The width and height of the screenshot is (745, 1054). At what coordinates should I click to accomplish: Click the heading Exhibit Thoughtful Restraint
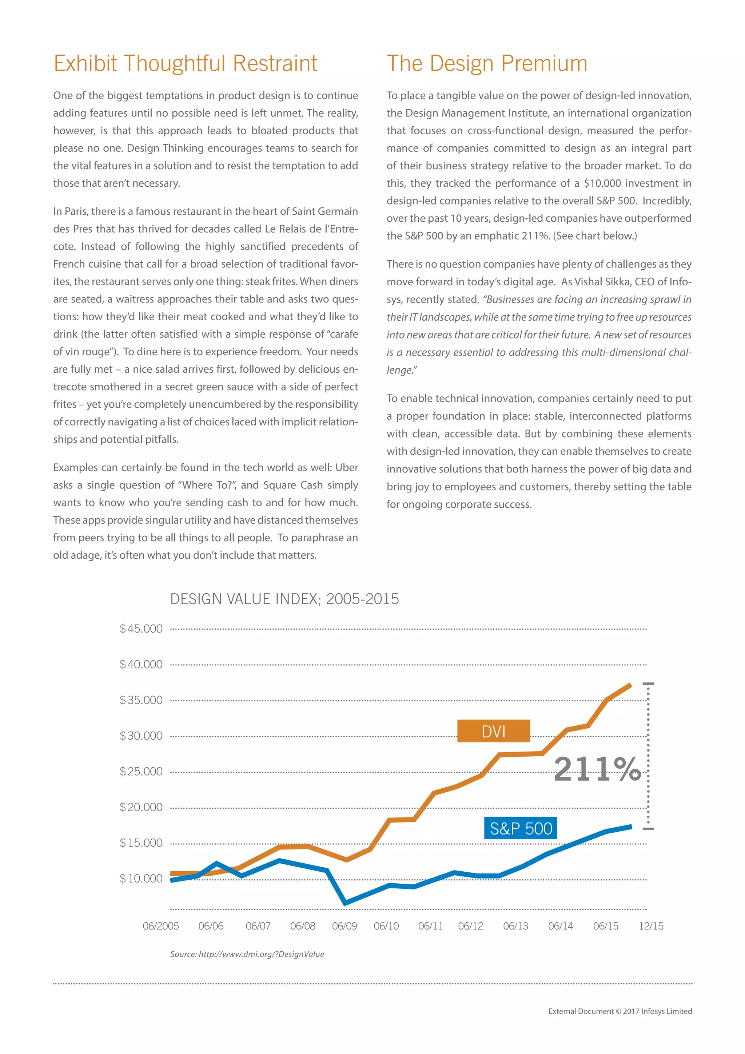pyautogui.click(x=185, y=63)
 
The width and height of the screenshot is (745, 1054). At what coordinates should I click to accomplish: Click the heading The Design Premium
pyautogui.click(x=487, y=63)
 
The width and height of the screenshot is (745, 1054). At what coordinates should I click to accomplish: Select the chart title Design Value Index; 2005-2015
pyautogui.click(x=284, y=599)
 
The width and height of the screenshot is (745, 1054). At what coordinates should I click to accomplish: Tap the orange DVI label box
pyautogui.click(x=493, y=731)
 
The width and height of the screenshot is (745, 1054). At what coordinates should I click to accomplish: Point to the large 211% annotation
pyautogui.click(x=597, y=769)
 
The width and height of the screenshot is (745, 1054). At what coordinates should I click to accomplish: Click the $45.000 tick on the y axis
pyautogui.click(x=141, y=629)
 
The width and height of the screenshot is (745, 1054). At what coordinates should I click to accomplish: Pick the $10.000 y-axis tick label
pyautogui.click(x=141, y=878)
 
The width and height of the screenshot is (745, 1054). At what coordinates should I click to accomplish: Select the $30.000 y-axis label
pyautogui.click(x=141, y=736)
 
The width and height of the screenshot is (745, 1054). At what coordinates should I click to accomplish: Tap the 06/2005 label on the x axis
pyautogui.click(x=160, y=926)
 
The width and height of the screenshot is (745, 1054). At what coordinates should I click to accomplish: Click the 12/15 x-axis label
pyautogui.click(x=650, y=926)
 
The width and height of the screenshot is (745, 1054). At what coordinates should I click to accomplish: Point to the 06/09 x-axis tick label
pyautogui.click(x=344, y=926)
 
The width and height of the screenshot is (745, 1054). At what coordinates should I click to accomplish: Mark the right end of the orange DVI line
pyautogui.click(x=631, y=685)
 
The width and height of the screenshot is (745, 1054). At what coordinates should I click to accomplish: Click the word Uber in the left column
pyautogui.click(x=346, y=467)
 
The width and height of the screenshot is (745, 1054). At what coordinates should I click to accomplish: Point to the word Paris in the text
pyautogui.click(x=75, y=211)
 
